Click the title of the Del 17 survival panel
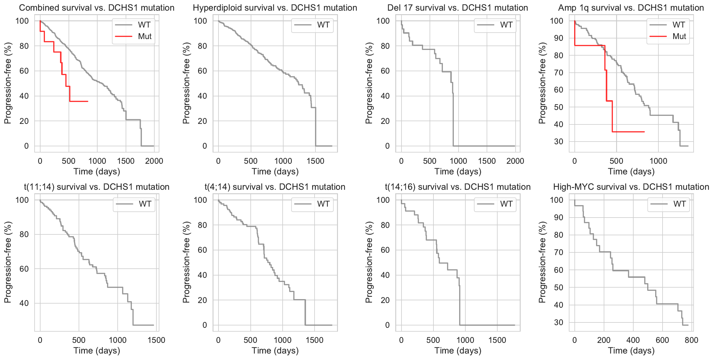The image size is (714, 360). tap(457, 8)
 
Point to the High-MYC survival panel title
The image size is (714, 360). tap(631, 187)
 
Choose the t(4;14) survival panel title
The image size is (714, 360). tap(275, 187)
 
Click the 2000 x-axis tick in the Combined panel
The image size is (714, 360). tap(154, 161)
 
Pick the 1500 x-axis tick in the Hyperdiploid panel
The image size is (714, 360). tap(315, 161)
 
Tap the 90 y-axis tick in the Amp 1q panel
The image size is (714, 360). tap(558, 38)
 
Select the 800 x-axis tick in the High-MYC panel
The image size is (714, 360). tap(691, 340)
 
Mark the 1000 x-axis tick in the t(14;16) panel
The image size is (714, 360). tap(465, 340)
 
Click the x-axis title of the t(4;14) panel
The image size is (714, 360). tap(275, 351)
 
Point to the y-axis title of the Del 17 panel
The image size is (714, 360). tap(369, 83)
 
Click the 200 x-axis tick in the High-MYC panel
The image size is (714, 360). tap(604, 340)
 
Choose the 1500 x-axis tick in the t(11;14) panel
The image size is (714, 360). tap(156, 340)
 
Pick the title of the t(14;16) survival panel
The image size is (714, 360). tap(457, 187)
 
